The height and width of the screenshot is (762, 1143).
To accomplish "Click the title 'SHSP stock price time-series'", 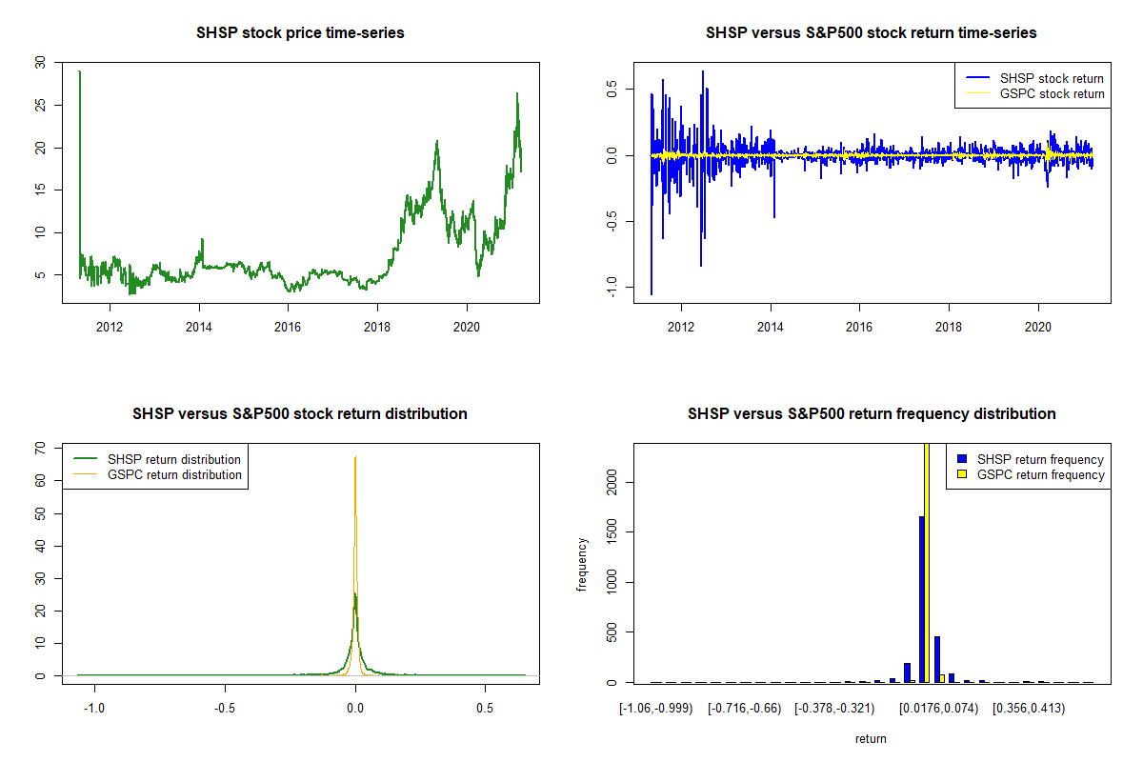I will point(300,32).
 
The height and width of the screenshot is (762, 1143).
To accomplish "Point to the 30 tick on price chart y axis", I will point(39,63).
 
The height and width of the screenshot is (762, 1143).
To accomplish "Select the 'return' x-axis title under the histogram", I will point(871,738).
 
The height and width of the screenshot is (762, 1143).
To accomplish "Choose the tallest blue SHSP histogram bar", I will point(921,599).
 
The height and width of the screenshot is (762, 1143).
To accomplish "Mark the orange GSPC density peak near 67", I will point(355,459).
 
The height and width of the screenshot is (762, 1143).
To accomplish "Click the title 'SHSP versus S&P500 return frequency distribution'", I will point(871,413).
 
